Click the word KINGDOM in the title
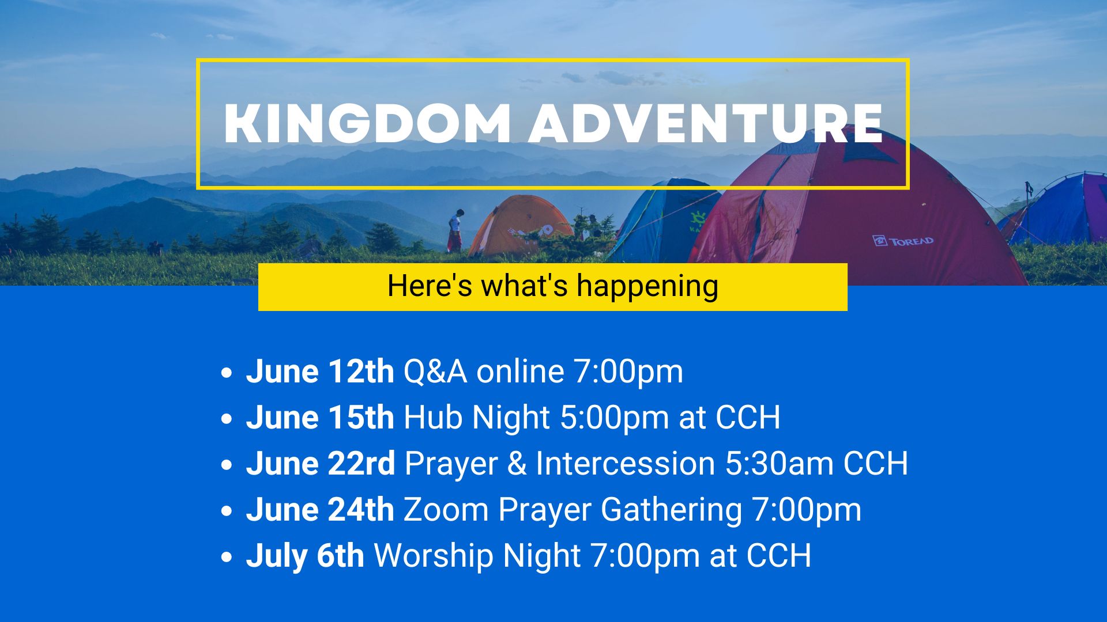point(367,123)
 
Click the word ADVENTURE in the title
point(706,123)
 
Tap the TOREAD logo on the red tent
point(903,241)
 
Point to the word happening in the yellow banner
point(647,286)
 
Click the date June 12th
point(320,371)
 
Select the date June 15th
point(320,418)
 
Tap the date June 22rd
point(321,464)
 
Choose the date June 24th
point(320,510)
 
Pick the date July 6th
point(305,556)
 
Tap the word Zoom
point(446,510)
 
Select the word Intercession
point(626,464)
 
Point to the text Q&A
point(435,372)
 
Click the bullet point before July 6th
point(227,557)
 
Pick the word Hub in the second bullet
point(433,418)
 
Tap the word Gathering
point(672,510)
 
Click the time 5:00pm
point(615,418)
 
